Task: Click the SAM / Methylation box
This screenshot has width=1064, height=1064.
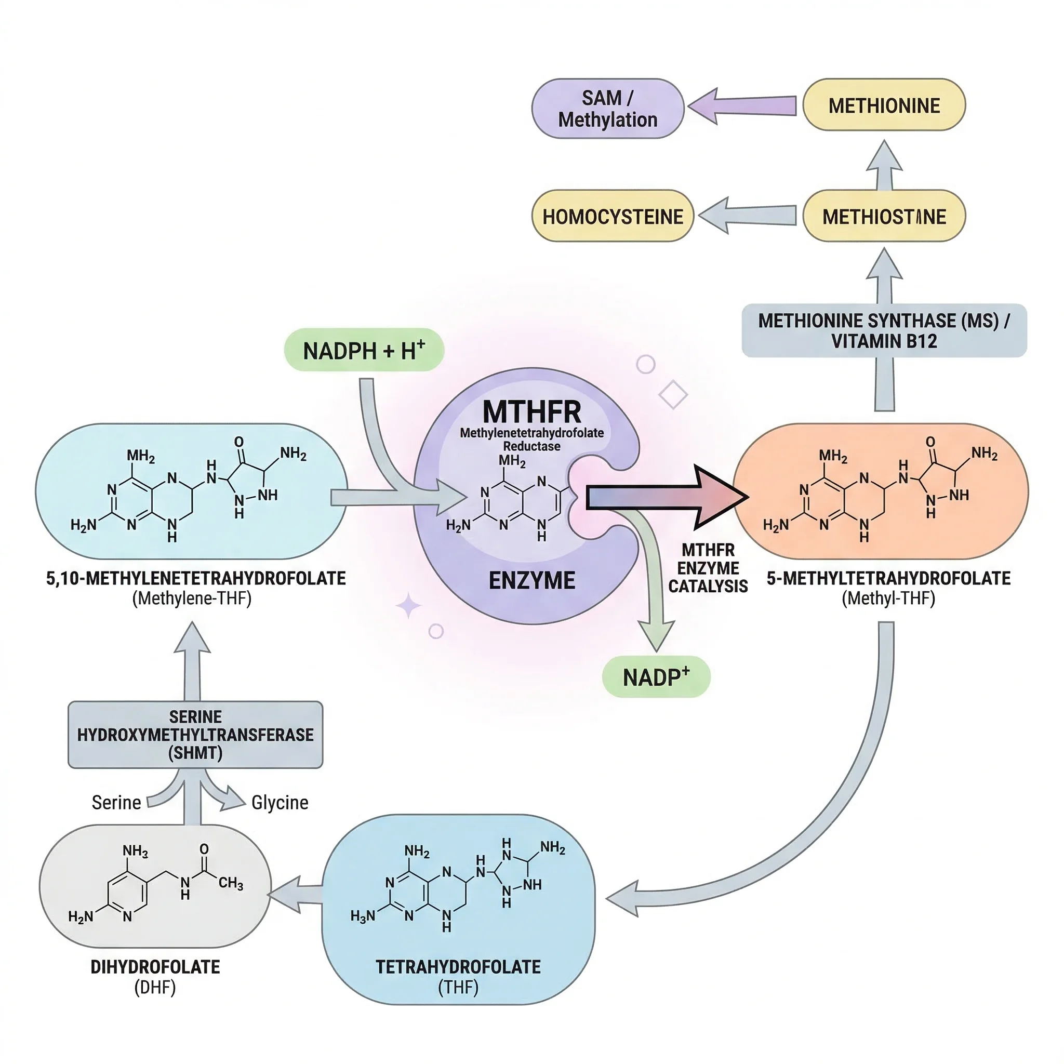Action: click(607, 109)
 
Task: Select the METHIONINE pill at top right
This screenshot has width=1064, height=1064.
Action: click(883, 105)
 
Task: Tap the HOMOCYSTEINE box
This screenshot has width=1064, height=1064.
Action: click(613, 217)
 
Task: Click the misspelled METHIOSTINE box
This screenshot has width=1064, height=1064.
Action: click(883, 217)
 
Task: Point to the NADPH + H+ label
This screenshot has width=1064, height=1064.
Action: click(364, 350)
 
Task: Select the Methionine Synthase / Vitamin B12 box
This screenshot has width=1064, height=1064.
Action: click(883, 330)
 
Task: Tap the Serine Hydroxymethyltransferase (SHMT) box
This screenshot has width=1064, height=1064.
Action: click(195, 734)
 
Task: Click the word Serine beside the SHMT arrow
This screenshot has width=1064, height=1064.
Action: click(116, 802)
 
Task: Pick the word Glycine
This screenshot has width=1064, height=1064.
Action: click(280, 802)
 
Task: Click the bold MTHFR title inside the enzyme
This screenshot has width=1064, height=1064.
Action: click(531, 411)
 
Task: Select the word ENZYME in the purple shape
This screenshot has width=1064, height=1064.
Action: click(531, 580)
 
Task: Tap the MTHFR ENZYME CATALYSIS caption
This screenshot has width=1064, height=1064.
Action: click(708, 568)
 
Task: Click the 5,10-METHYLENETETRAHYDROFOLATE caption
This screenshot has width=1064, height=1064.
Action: click(195, 578)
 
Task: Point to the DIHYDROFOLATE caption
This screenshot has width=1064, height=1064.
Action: click(155, 966)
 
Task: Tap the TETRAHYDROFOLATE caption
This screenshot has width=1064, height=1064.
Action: click(458, 966)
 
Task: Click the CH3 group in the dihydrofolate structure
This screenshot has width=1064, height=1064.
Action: click(230, 883)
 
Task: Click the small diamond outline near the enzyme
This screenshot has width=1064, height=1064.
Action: click(673, 394)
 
